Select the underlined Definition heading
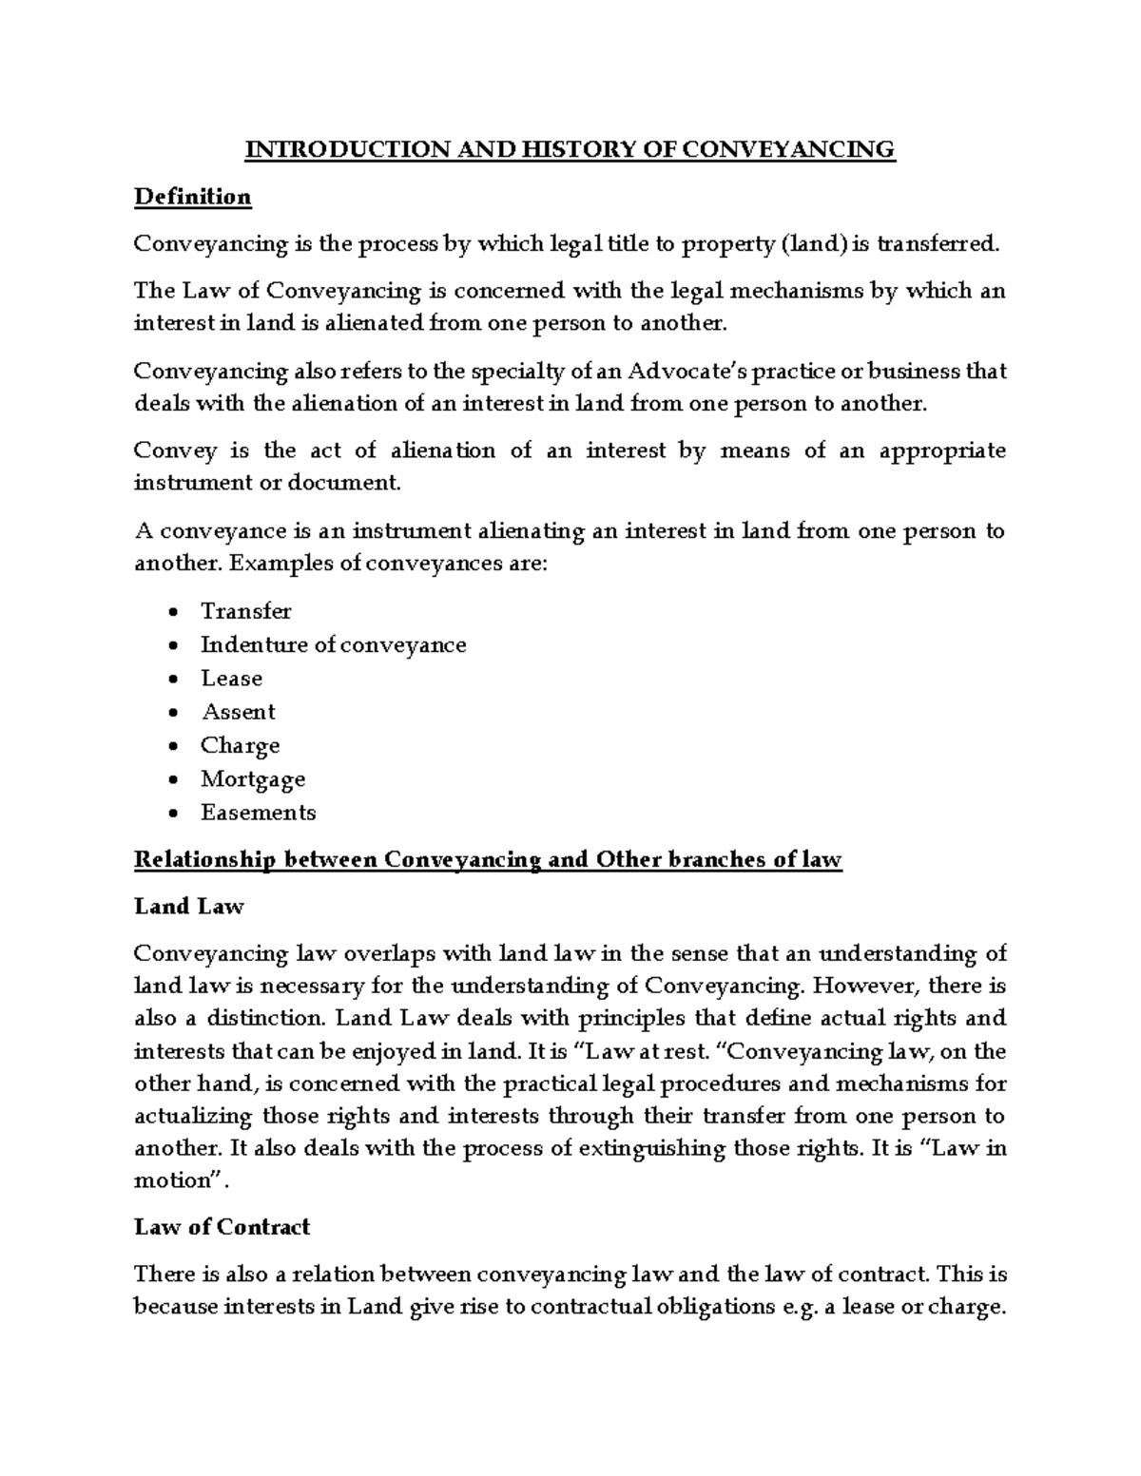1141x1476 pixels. (x=192, y=197)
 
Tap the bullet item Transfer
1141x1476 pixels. (x=245, y=611)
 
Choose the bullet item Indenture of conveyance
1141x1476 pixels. (x=333, y=644)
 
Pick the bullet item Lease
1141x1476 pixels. (x=231, y=679)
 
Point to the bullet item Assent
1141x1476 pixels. (x=238, y=712)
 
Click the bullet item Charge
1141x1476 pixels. (x=240, y=745)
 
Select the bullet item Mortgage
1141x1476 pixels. (x=253, y=779)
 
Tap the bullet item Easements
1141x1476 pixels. (x=258, y=813)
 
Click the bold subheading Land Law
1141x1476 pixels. (x=189, y=907)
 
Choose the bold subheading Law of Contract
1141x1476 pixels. (x=222, y=1227)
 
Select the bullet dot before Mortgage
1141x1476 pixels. (x=171, y=780)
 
